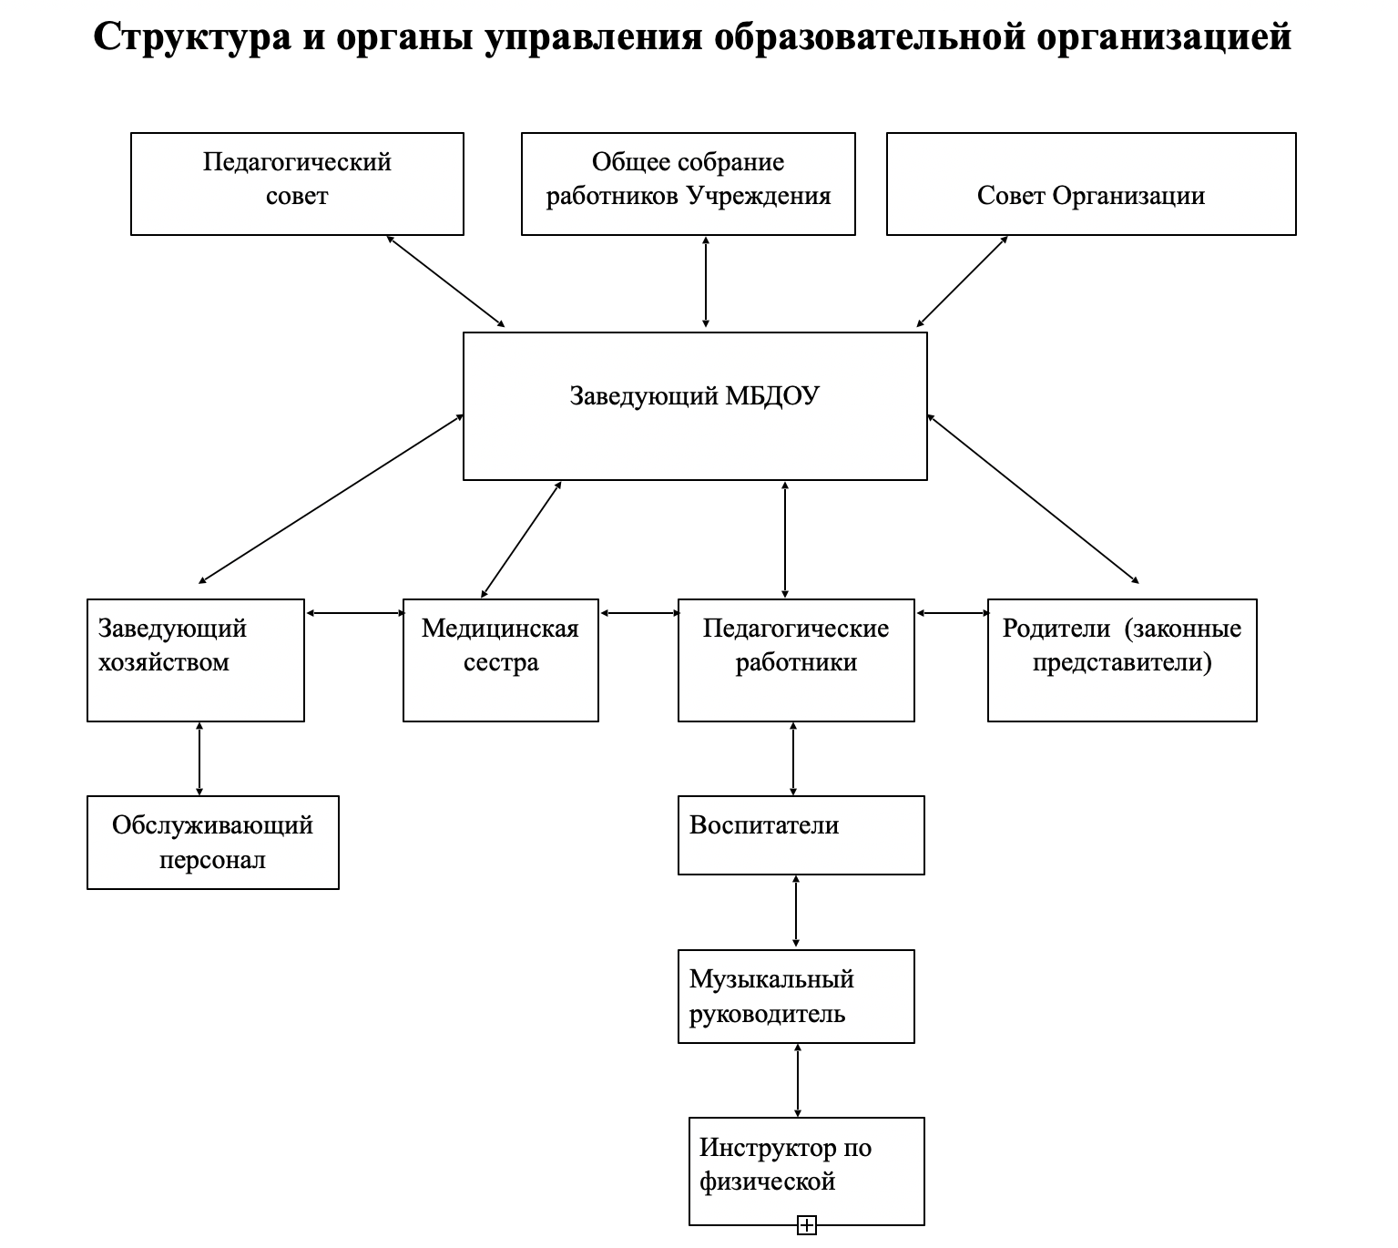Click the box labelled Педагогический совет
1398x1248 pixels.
point(297,183)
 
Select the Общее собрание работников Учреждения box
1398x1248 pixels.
point(688,183)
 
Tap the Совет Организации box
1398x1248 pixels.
point(1090,183)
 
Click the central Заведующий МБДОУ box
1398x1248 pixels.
point(694,405)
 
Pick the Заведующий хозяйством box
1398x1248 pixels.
point(195,660)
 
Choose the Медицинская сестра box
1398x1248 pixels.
point(500,660)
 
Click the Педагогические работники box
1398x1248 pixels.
point(795,660)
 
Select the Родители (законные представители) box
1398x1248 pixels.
point(1121,660)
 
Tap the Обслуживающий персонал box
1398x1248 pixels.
point(212,842)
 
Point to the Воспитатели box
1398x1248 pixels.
point(801,834)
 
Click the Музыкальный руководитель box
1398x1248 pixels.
point(795,996)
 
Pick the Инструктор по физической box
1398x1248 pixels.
point(806,1170)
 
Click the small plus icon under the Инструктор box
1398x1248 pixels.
point(806,1225)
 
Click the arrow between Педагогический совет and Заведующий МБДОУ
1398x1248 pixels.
point(445,281)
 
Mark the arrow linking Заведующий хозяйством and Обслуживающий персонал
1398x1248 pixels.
point(199,759)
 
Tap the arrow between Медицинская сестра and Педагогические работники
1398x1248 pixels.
point(640,613)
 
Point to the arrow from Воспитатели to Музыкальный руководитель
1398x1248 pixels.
point(797,911)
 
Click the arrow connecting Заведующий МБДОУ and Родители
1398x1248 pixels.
point(1033,498)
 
